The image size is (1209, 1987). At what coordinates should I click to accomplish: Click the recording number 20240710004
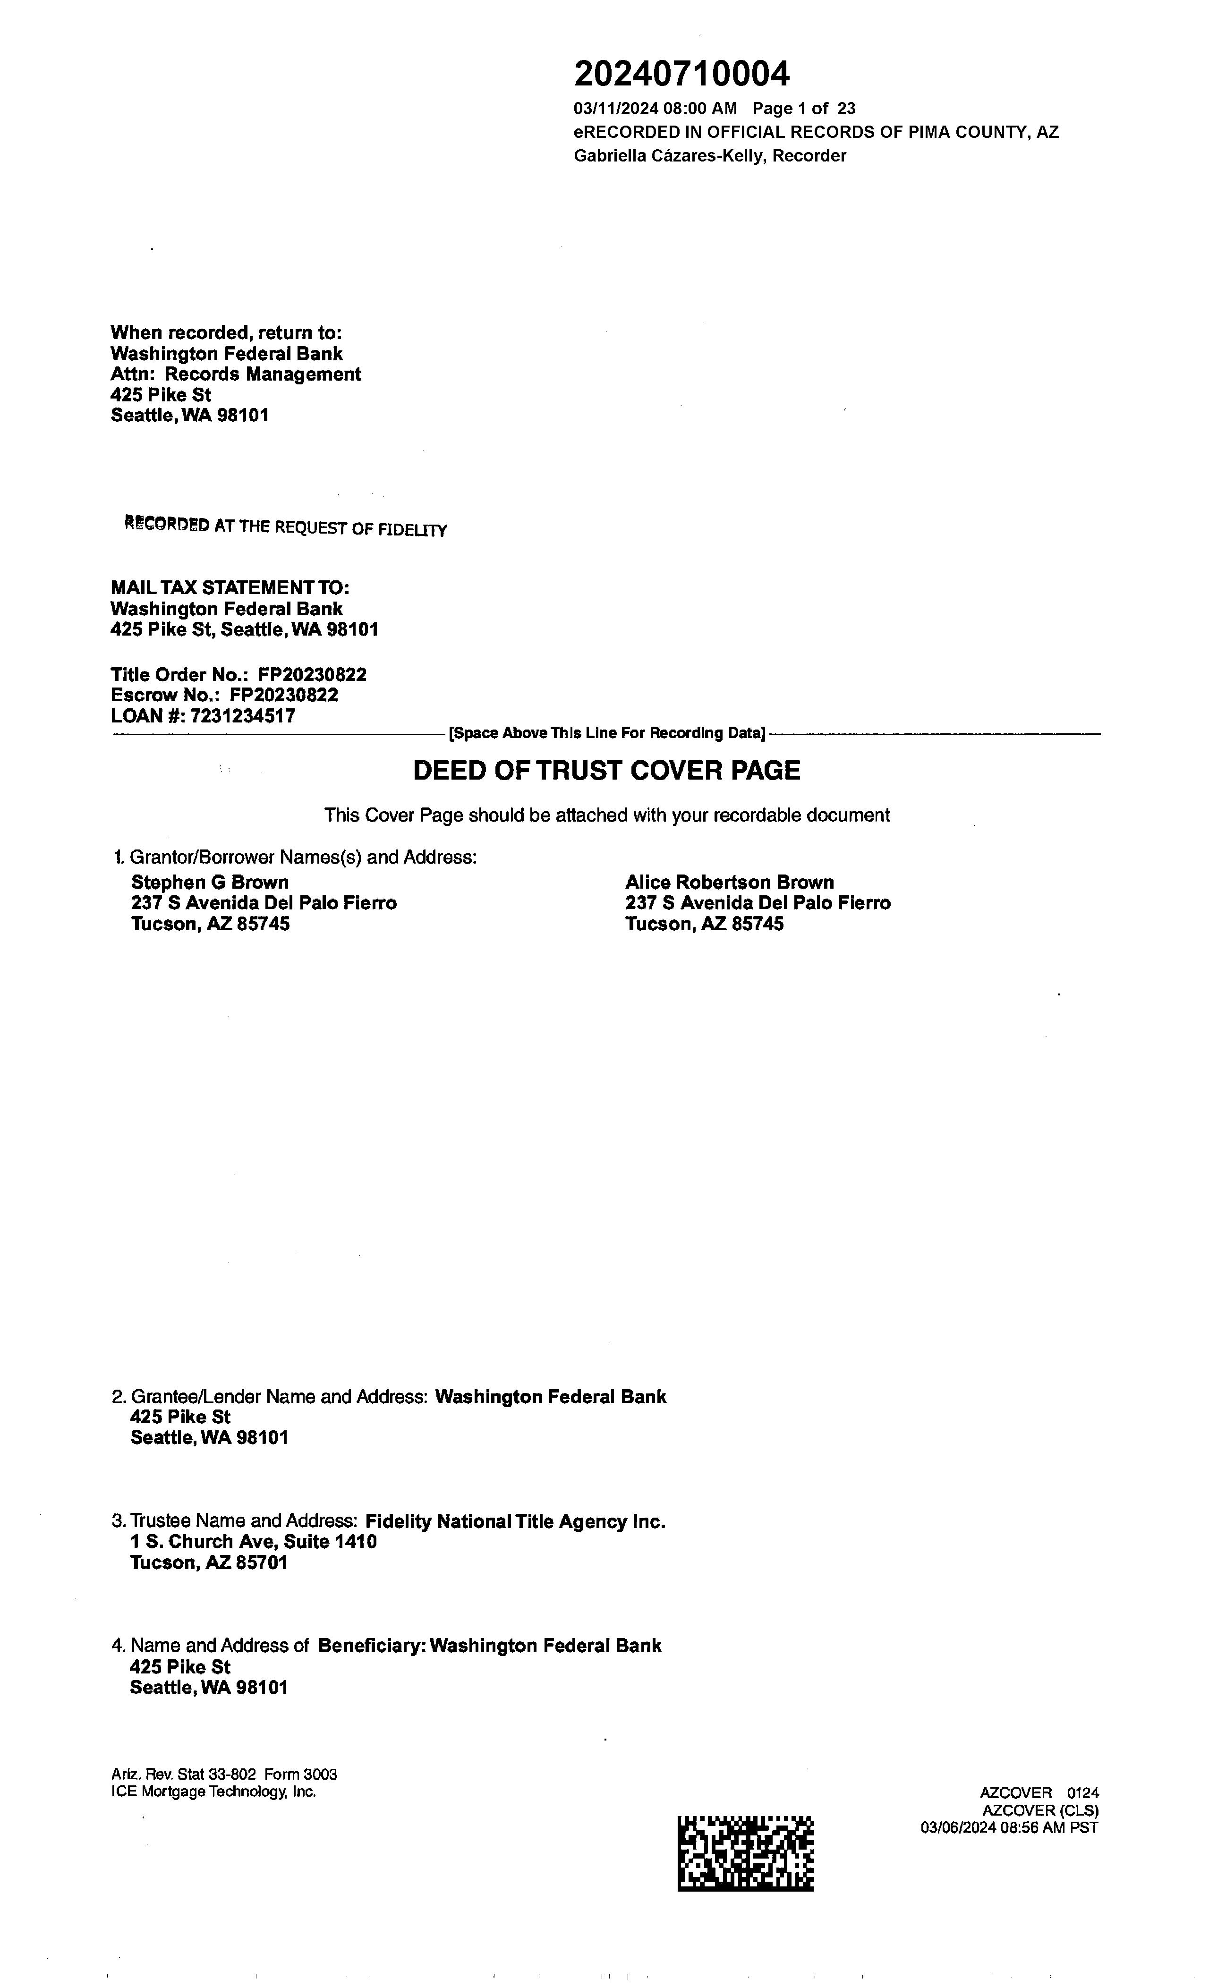click(x=681, y=74)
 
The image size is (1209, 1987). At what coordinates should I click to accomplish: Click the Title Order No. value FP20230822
click(x=312, y=674)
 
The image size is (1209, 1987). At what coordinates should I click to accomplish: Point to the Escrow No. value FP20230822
click(x=284, y=695)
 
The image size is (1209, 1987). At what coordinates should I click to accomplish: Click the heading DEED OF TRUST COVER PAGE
click(x=606, y=770)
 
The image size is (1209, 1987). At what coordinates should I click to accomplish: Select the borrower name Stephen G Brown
click(x=210, y=882)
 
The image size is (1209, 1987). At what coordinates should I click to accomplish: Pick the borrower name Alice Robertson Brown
click(x=729, y=882)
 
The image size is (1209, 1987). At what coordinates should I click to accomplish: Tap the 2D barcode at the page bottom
click(x=745, y=1853)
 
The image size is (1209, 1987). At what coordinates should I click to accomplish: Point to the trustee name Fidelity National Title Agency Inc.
click(x=515, y=1522)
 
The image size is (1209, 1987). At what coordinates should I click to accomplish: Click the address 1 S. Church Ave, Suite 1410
click(x=253, y=1542)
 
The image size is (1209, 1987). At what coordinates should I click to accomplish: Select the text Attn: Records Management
click(x=236, y=374)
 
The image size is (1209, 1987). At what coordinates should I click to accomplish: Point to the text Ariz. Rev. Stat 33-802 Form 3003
click(x=224, y=1774)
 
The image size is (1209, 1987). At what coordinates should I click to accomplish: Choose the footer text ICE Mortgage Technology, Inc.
click(x=214, y=1792)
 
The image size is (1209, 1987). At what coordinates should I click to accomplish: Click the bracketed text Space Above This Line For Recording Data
click(x=606, y=733)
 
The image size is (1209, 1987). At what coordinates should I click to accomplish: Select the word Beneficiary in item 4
click(x=371, y=1646)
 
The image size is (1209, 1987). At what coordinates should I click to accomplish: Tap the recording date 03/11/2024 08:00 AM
click(x=655, y=108)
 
